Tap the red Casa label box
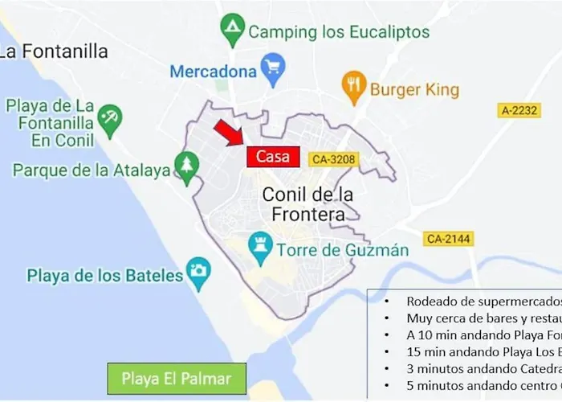click(x=272, y=157)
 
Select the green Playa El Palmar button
click(x=177, y=379)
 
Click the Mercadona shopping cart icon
click(x=274, y=72)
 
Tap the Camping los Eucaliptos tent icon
click(x=233, y=31)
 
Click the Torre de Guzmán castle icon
click(x=260, y=249)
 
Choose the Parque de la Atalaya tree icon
click(x=187, y=168)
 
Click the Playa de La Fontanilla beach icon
click(x=110, y=121)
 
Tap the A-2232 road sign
click(x=519, y=110)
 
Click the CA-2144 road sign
click(x=449, y=239)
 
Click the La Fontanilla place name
click(x=55, y=51)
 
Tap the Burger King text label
click(x=414, y=89)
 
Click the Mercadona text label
click(x=213, y=72)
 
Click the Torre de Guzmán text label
click(x=343, y=250)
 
